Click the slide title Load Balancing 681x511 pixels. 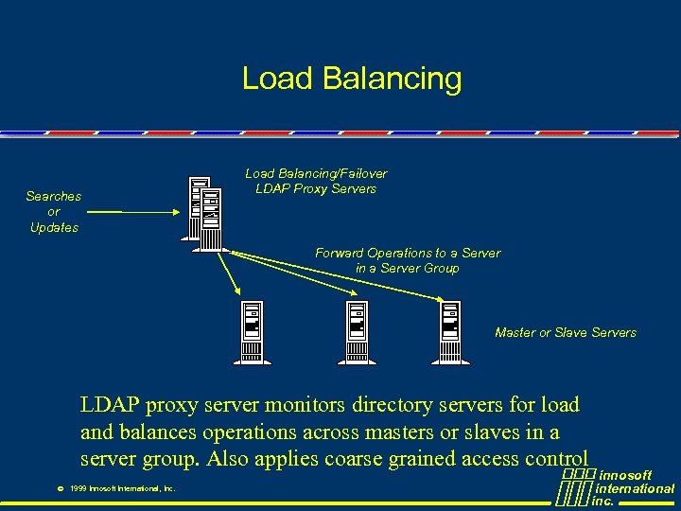[x=352, y=79]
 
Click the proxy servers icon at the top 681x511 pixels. [x=204, y=212]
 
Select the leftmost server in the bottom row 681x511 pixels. [x=252, y=331]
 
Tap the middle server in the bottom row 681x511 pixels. [x=357, y=331]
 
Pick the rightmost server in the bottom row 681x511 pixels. [x=450, y=331]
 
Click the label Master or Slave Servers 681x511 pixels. [x=565, y=333]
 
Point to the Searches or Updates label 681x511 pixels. [x=54, y=212]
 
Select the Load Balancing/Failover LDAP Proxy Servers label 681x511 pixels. [x=316, y=181]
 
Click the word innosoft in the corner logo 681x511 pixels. [x=626, y=475]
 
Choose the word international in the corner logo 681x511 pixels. [x=635, y=488]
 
